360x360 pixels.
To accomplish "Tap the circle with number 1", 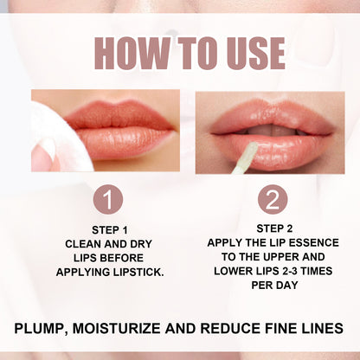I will coord(108,200).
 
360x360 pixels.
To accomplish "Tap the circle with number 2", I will coord(272,200).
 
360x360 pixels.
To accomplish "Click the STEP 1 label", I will coord(108,229).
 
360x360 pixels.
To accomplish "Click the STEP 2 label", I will coord(272,228).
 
